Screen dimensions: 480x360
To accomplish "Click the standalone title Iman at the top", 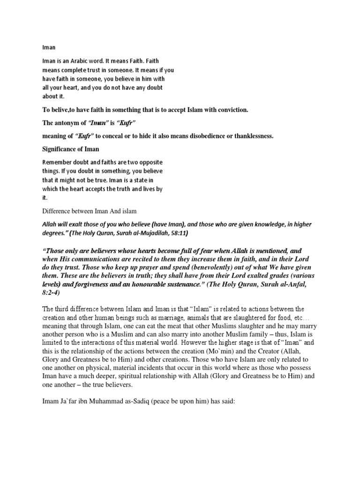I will pos(48,47).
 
